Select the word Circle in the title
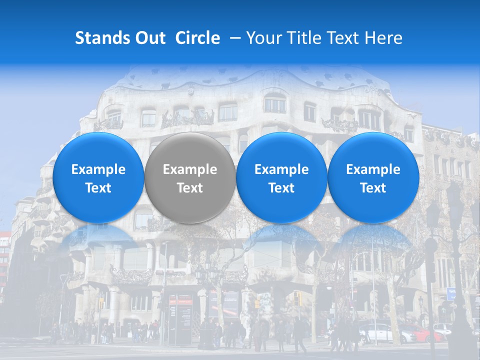[x=197, y=38]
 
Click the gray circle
[x=189, y=178]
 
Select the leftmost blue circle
[x=98, y=178]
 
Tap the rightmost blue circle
[x=373, y=178]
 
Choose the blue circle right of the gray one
[x=281, y=178]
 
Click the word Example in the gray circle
[x=189, y=169]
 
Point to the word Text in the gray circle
[x=189, y=188]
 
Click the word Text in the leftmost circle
[x=98, y=188]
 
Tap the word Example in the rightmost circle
[x=373, y=169]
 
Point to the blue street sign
[x=451, y=293]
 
